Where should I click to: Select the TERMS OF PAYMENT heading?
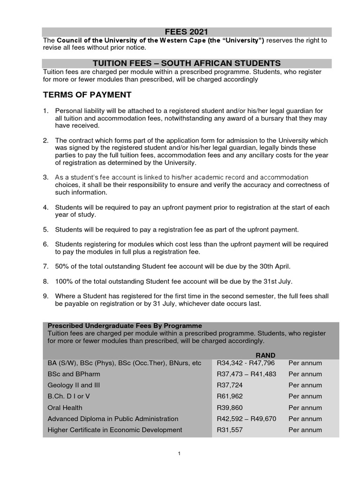coord(87,95)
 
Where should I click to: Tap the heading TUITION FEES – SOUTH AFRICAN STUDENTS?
coord(187,63)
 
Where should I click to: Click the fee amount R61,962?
coord(230,397)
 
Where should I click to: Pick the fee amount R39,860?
coord(230,408)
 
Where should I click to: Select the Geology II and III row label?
coord(74,385)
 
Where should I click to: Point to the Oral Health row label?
coord(65,408)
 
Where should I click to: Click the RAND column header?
coord(265,355)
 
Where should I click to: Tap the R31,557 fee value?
coord(230,430)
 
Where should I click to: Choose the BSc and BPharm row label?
coord(74,374)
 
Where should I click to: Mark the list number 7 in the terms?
coord(45,266)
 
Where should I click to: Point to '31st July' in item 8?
coord(278,281)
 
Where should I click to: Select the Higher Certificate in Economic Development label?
coord(115,430)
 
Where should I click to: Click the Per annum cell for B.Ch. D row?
coord(305,397)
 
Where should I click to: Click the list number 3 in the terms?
coord(45,177)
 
